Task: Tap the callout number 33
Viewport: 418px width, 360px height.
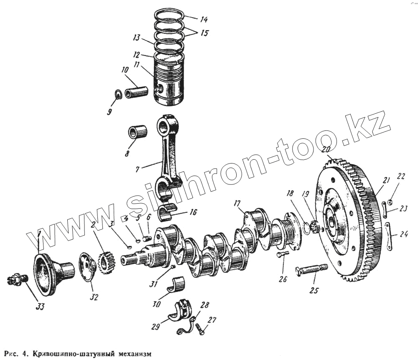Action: (x=40, y=306)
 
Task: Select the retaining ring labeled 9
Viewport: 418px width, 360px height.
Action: (x=118, y=95)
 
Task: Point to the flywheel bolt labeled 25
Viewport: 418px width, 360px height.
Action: (x=311, y=270)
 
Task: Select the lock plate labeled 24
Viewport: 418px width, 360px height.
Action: (x=389, y=236)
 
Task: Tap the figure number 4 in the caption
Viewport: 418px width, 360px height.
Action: (x=25, y=353)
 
